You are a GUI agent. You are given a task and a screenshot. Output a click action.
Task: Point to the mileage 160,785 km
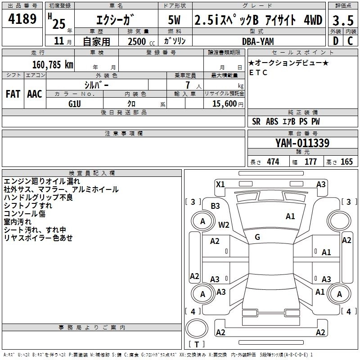[x=53, y=64]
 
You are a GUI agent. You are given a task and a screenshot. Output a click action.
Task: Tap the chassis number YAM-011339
[x=302, y=143]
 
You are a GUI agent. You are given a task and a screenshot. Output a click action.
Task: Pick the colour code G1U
[x=75, y=103]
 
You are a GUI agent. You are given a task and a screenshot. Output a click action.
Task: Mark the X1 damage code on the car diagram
[x=220, y=184]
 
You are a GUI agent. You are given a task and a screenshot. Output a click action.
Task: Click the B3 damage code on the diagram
[x=216, y=206]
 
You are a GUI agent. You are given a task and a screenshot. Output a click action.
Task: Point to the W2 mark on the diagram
[x=224, y=225]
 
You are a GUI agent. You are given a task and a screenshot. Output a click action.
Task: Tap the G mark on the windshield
[x=257, y=237]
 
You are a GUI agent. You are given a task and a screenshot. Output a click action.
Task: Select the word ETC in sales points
[x=258, y=72]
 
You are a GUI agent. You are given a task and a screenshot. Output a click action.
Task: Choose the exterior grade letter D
[x=335, y=41]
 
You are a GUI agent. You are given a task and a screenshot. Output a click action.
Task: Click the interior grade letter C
[x=350, y=41]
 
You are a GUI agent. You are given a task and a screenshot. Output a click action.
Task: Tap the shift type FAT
[x=13, y=94]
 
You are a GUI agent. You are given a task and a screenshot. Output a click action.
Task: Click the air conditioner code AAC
[x=35, y=94]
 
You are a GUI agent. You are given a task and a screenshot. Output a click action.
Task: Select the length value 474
[x=273, y=162]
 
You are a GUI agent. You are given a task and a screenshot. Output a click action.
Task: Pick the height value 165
[x=346, y=162]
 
